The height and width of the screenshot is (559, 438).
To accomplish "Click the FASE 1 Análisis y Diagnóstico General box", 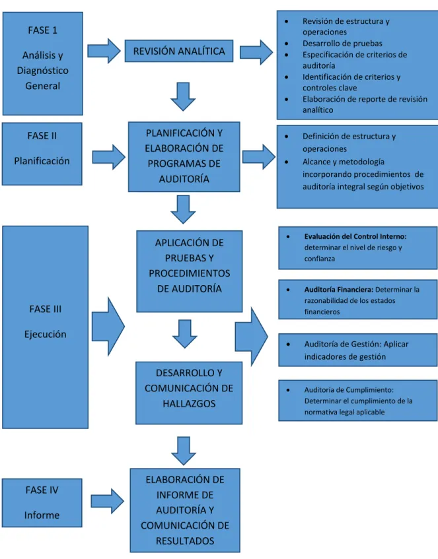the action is pyautogui.click(x=43, y=63).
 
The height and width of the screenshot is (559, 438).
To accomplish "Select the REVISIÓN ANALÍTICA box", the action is pyautogui.click(x=179, y=51).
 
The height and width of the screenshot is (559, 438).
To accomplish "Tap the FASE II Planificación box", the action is pyautogui.click(x=42, y=154).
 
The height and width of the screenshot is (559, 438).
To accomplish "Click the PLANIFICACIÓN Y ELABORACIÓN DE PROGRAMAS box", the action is pyautogui.click(x=184, y=157).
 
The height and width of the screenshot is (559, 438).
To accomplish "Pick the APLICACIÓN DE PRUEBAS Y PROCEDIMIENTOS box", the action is pyautogui.click(x=189, y=271).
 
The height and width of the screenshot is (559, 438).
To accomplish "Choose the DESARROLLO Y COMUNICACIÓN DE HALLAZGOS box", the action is pyautogui.click(x=189, y=393).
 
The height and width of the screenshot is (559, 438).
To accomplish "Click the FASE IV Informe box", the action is pyautogui.click(x=42, y=503).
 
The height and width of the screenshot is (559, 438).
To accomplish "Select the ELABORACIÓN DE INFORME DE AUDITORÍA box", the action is pyautogui.click(x=185, y=510).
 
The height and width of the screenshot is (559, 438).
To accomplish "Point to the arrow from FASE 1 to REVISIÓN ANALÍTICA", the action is pyautogui.click(x=104, y=51).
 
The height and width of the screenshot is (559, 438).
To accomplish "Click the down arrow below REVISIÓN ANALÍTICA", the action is pyautogui.click(x=183, y=96).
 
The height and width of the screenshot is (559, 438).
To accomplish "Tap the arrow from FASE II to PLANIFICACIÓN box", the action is pyautogui.click(x=109, y=157).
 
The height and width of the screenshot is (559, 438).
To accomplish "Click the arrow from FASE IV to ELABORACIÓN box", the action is pyautogui.click(x=108, y=501).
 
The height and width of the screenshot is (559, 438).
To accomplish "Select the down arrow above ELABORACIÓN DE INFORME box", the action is pyautogui.click(x=184, y=451).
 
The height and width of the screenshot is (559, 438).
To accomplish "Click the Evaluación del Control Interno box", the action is pyautogui.click(x=357, y=247).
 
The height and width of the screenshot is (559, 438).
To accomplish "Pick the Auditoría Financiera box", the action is pyautogui.click(x=357, y=300).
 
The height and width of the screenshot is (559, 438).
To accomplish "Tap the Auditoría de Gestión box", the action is pyautogui.click(x=357, y=350).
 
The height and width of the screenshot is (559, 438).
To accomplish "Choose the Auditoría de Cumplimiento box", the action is pyautogui.click(x=357, y=401).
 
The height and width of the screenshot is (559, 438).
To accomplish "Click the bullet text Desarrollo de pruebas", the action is pyautogui.click(x=342, y=44).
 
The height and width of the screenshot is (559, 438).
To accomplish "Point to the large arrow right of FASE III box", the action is pyautogui.click(x=108, y=326).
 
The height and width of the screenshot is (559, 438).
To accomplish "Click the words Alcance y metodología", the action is pyautogui.click(x=344, y=162).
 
